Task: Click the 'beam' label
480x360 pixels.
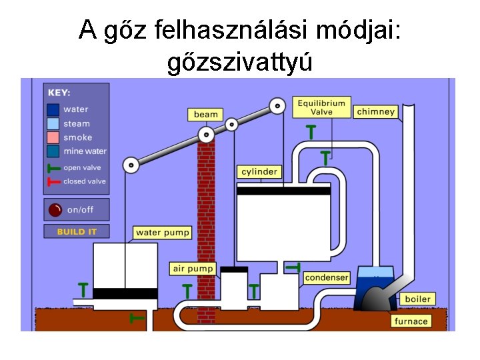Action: pos(206,115)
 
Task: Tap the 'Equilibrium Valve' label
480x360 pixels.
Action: pos(321,107)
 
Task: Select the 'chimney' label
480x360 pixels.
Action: pos(375,112)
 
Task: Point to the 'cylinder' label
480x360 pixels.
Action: pos(259,172)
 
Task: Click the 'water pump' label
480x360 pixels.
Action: pos(163,233)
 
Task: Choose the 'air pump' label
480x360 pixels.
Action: pos(193,269)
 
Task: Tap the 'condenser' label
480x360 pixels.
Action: pos(327,277)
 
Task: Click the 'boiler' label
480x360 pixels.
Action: pos(418,299)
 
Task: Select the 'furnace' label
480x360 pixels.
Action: pos(411,321)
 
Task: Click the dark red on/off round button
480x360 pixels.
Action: pos(55,210)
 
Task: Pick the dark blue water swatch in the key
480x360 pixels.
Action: pos(53,109)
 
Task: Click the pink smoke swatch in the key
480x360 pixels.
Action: pos(53,137)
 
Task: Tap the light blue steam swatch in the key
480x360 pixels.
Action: pos(53,123)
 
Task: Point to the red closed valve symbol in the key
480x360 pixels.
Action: pos(53,181)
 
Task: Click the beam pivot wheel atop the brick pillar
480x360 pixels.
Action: pos(207,135)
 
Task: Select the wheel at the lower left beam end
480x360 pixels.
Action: pos(131,164)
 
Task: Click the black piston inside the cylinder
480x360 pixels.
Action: pos(284,191)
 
